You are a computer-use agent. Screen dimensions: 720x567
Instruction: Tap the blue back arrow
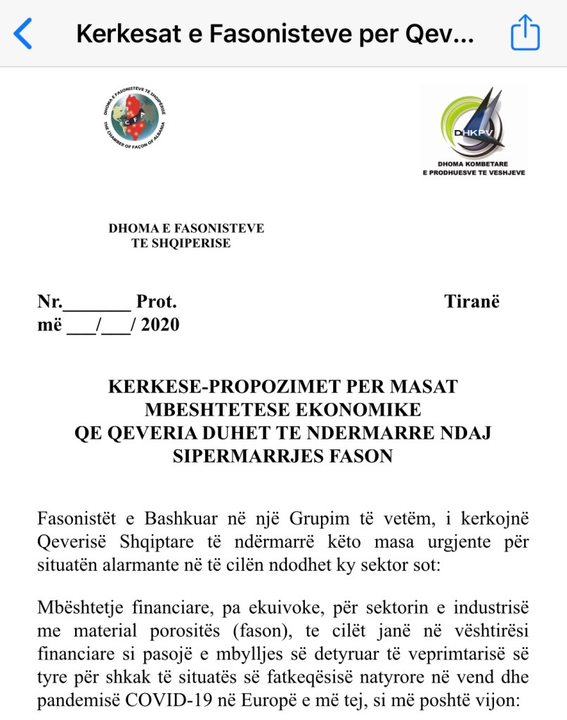click(x=23, y=33)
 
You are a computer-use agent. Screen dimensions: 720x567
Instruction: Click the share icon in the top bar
click(x=525, y=33)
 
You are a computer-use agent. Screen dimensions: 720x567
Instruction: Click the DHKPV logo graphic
click(x=473, y=123)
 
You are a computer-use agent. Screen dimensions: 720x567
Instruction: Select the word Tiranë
click(x=471, y=302)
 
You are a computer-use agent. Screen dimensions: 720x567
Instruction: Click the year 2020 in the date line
click(x=160, y=325)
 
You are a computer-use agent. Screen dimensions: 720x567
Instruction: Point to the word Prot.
click(x=156, y=302)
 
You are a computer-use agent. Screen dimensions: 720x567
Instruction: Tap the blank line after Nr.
click(x=97, y=303)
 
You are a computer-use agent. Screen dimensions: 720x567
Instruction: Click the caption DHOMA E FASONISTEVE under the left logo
click(x=186, y=229)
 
